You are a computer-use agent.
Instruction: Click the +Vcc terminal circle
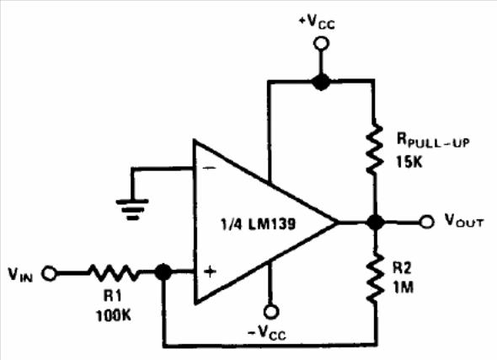point(321,44)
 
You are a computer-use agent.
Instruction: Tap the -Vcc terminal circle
point(271,311)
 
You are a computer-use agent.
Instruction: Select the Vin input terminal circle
point(50,273)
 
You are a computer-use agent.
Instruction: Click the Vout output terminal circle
point(426,222)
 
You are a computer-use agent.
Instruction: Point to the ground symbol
point(132,209)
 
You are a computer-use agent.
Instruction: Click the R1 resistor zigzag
point(114,273)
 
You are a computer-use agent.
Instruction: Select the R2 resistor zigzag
point(375,277)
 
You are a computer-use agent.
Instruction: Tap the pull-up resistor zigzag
point(375,148)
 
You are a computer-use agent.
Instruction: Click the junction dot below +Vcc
point(321,82)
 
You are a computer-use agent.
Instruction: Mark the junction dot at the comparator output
point(376,222)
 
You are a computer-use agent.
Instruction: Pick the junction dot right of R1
point(163,272)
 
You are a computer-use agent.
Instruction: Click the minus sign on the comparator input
point(209,168)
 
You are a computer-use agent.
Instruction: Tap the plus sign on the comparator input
point(210,271)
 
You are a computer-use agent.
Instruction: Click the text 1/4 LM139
point(258,224)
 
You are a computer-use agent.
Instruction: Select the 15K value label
point(409,162)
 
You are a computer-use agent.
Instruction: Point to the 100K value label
point(113,315)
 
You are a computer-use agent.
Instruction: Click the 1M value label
point(403,287)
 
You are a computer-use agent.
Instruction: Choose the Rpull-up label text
point(433,140)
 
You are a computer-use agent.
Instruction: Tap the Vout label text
point(464,220)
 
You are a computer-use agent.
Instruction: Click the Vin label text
point(20,275)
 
